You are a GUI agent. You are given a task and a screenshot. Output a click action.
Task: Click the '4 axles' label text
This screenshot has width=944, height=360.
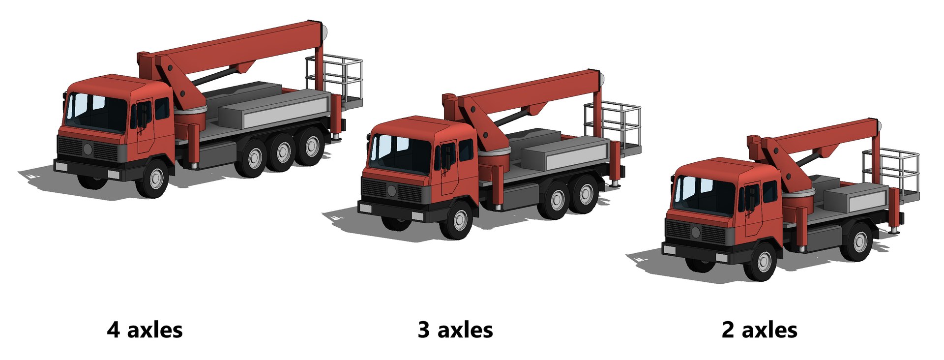tap(145, 330)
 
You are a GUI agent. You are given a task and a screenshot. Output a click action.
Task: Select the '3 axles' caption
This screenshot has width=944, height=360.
tap(455, 330)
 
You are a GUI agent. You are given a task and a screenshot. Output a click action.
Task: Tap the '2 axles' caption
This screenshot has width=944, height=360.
tap(759, 330)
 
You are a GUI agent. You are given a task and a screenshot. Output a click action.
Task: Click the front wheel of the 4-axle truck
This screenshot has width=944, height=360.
tap(156, 179)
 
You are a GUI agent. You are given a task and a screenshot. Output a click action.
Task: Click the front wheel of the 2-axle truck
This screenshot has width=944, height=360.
tap(764, 262)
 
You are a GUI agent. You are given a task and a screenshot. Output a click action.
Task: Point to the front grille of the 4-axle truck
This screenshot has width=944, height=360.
tap(88, 149)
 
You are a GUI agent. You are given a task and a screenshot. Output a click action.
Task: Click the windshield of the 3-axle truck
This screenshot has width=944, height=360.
tap(401, 153)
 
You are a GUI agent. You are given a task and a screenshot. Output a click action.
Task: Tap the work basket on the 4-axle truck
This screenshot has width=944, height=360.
tap(335, 79)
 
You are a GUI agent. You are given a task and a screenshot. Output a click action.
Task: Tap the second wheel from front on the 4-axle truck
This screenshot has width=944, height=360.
tap(254, 158)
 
